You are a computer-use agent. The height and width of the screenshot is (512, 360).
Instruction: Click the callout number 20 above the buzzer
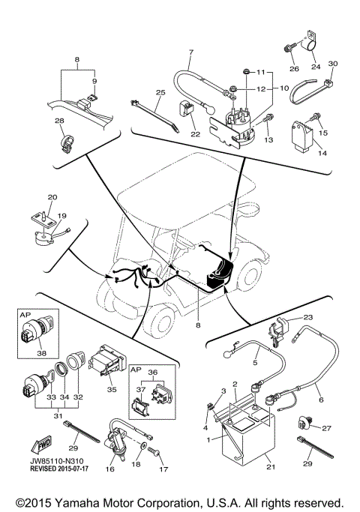(x=52, y=197)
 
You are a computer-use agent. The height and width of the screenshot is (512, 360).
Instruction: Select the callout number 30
(x=334, y=64)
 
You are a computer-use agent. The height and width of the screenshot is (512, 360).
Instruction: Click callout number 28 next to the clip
(x=59, y=121)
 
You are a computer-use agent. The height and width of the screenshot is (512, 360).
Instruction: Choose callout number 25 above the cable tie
(x=159, y=93)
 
